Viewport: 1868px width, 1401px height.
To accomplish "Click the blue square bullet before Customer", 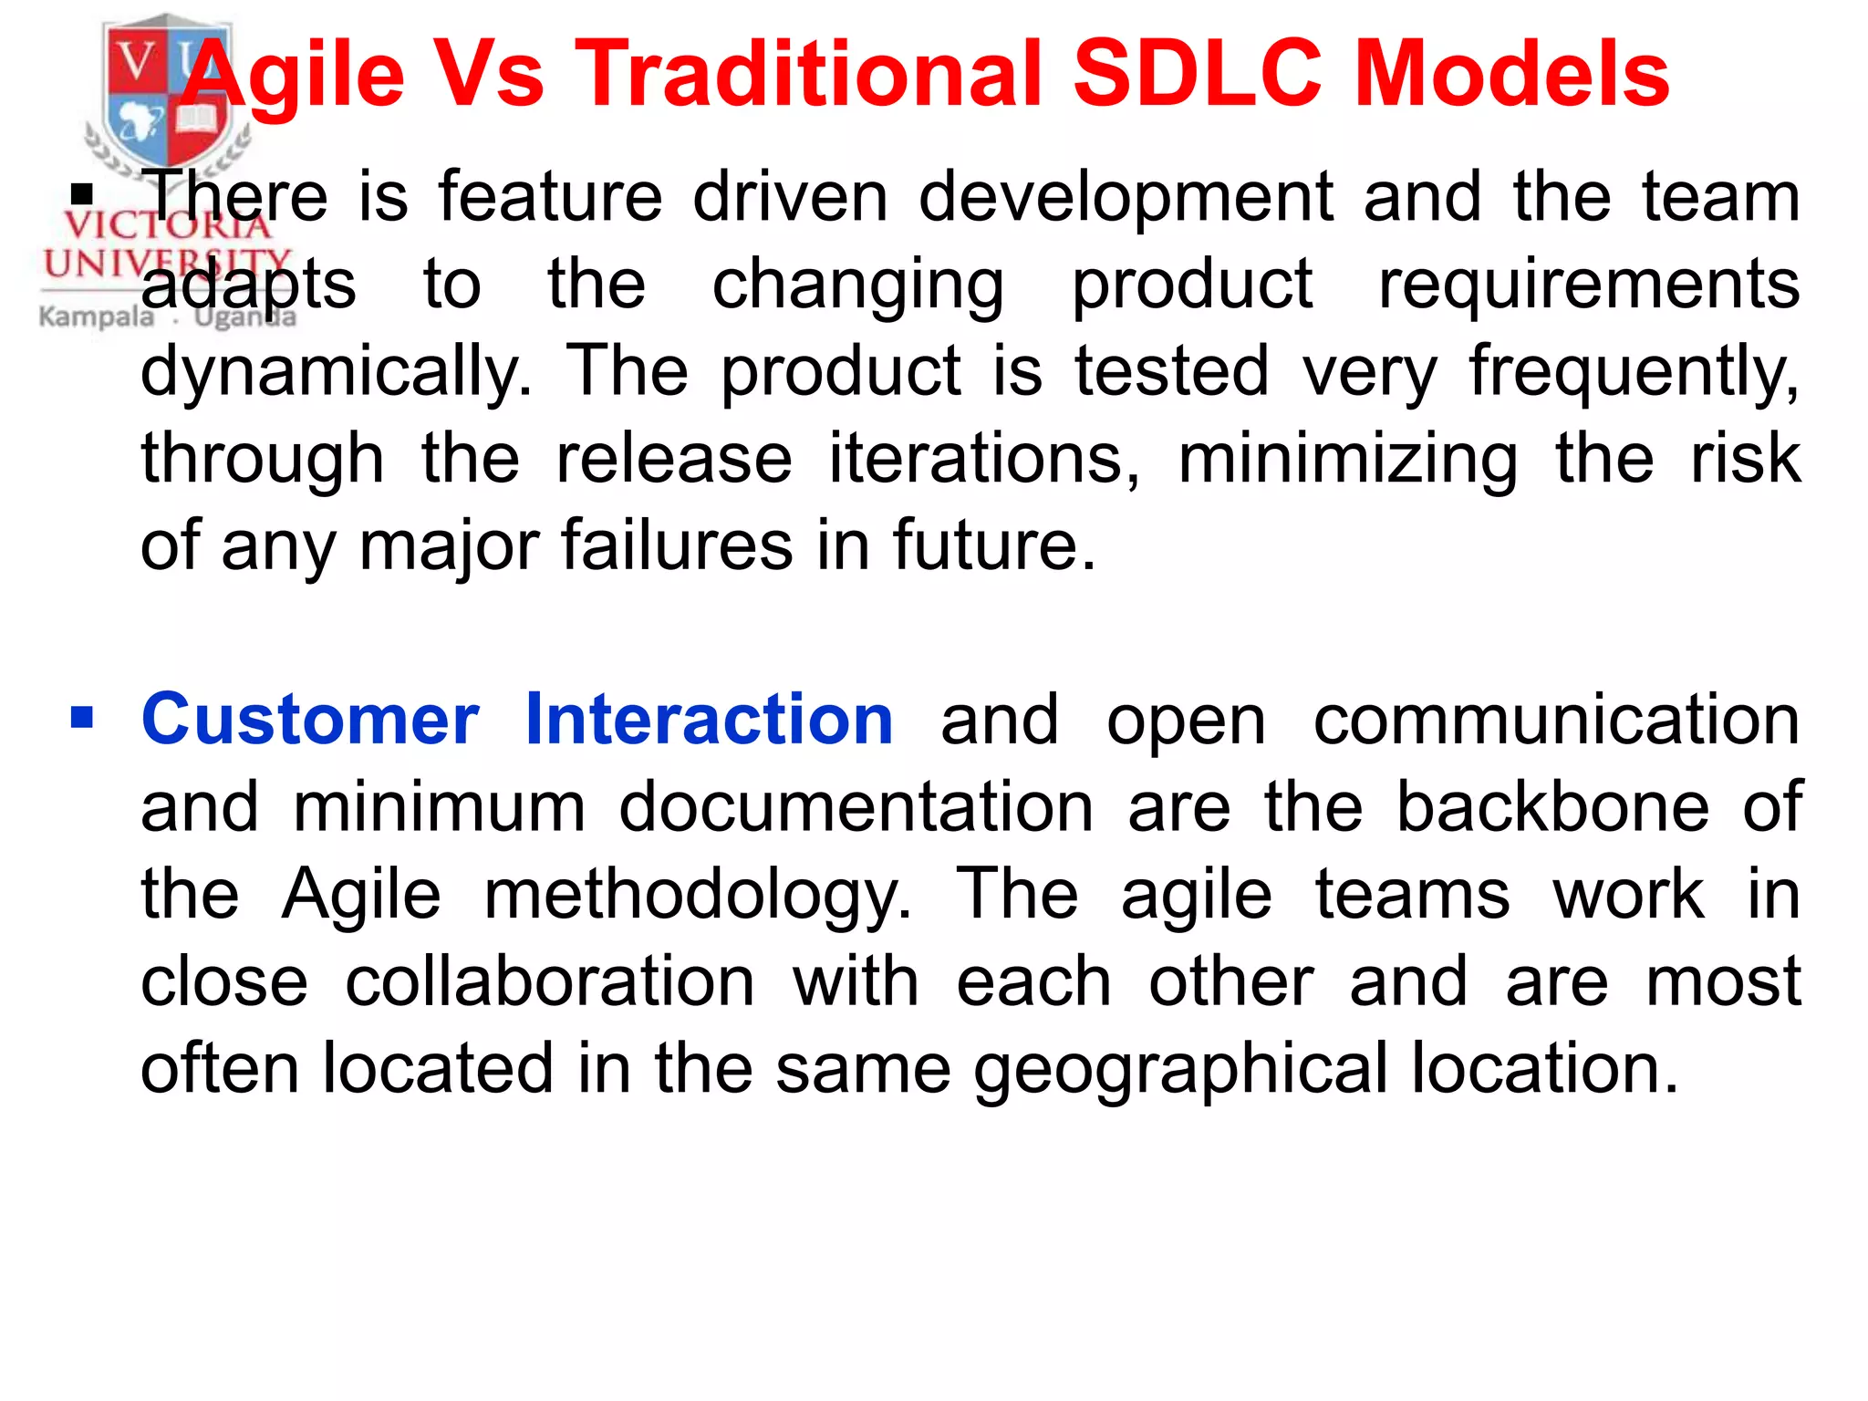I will click(82, 719).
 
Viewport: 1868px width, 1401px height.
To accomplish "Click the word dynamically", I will click(336, 372).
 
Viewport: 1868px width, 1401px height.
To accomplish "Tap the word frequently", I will click(1633, 372).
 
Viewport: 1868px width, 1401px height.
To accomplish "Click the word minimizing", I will click(1348, 458).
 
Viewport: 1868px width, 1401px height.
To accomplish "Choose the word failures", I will click(677, 545).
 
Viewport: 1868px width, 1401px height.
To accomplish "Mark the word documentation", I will click(856, 807).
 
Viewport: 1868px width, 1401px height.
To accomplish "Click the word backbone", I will click(1552, 807).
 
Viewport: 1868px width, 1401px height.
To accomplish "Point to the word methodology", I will click(697, 896).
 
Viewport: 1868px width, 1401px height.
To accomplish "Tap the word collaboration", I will click(550, 982).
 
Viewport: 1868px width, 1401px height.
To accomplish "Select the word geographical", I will click(1180, 1069).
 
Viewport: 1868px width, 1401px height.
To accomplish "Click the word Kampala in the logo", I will click(97, 317).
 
